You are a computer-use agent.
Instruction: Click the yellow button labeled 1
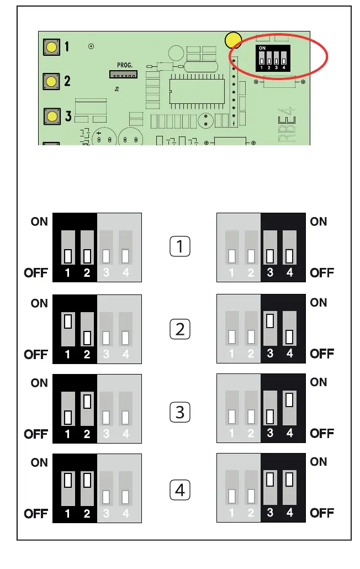51,46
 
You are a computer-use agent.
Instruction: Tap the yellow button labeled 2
51,82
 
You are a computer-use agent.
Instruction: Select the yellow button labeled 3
51,116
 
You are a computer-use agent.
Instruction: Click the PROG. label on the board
125,65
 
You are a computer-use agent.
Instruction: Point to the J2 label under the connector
117,88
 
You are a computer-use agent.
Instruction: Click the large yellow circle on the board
234,40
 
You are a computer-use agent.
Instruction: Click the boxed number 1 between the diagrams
179,247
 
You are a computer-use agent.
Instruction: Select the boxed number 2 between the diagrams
179,330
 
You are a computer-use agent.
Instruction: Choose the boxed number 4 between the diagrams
179,489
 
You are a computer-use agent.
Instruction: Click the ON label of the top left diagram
39,222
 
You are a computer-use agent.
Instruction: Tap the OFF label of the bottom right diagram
322,513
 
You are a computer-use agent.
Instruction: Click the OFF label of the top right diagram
322,272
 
